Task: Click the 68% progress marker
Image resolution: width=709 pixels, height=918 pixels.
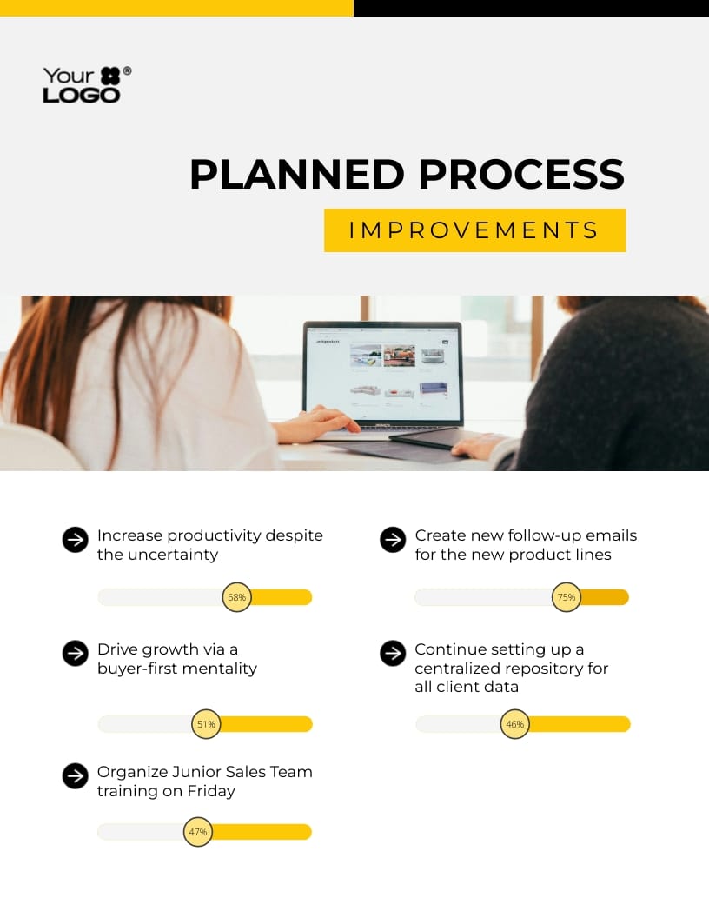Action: [x=237, y=597]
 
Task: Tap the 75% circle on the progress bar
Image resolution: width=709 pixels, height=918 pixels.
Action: [x=567, y=597]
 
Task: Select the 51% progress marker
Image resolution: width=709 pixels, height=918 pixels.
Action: [x=206, y=724]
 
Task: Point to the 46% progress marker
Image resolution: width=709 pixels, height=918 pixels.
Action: [x=515, y=724]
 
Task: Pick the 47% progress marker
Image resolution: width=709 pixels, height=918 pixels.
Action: [x=198, y=832]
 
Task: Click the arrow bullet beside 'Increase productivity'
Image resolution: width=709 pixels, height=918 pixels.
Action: [x=76, y=540]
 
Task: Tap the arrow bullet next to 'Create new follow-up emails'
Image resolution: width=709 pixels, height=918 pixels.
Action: [x=393, y=540]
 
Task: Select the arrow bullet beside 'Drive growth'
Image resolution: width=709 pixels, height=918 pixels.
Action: [x=76, y=654]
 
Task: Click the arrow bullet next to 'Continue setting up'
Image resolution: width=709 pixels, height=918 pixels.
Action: [x=393, y=654]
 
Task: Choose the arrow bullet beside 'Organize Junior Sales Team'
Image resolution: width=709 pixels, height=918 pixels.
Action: [x=76, y=776]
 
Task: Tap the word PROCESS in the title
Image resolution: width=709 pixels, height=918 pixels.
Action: [x=521, y=175]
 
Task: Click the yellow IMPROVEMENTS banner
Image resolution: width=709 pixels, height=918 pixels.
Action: [x=474, y=230]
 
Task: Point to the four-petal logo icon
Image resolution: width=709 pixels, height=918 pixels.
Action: [x=110, y=76]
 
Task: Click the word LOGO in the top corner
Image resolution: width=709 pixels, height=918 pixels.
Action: [x=82, y=95]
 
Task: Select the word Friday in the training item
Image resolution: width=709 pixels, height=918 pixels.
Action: [x=213, y=791]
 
